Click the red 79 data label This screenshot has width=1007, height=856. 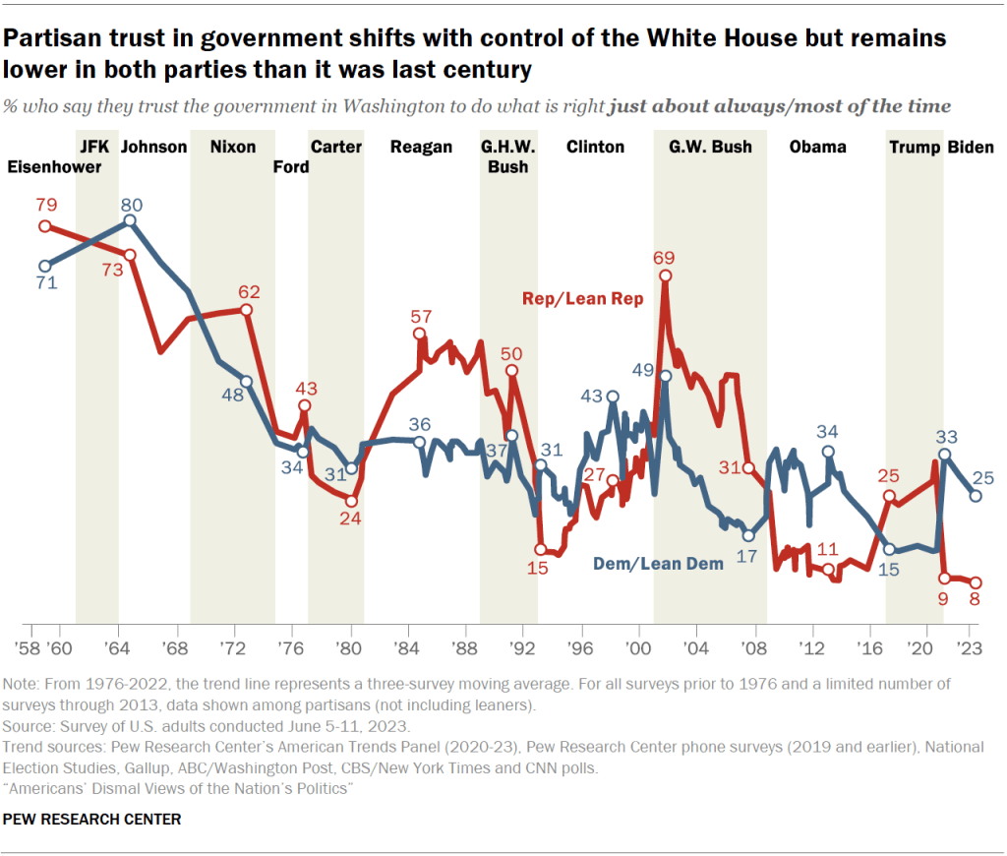(45, 205)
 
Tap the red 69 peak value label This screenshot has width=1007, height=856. (666, 258)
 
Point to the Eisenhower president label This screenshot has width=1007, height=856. (54, 167)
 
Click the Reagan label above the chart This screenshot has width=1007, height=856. (421, 148)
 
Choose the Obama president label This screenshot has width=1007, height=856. (817, 148)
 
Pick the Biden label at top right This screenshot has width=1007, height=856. (970, 148)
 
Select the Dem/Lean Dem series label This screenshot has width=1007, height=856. (658, 564)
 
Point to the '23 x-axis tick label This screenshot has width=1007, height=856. (971, 649)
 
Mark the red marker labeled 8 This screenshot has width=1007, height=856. (976, 582)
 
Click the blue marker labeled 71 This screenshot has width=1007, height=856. (44, 266)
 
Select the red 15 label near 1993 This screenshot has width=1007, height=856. (538, 569)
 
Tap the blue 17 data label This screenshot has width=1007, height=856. (748, 556)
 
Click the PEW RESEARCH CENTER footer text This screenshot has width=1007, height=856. (92, 819)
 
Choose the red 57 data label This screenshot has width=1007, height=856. (422, 317)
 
